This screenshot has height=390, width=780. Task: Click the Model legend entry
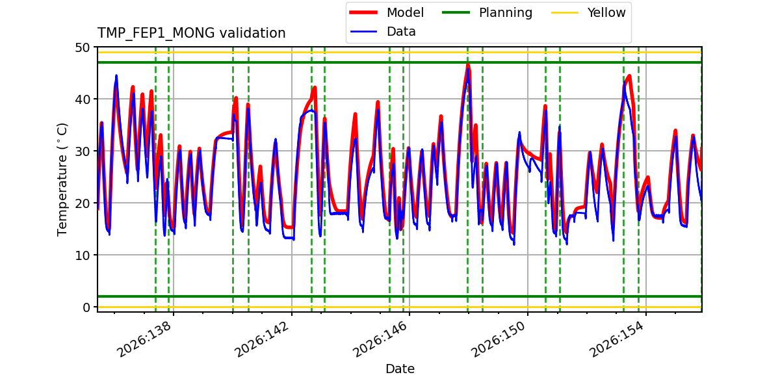tap(387, 12)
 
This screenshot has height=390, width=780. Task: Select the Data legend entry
tap(383, 32)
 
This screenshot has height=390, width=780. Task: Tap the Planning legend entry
tap(487, 12)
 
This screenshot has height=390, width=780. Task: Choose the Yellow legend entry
tap(588, 12)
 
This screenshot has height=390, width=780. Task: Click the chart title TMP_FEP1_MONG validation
tap(191, 33)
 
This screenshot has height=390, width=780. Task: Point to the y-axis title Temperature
tap(62, 179)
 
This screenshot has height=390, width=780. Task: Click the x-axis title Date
tap(400, 369)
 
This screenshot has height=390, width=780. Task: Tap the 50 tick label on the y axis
tap(82, 47)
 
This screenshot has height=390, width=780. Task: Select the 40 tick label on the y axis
tap(82, 99)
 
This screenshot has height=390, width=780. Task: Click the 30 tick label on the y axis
tap(82, 151)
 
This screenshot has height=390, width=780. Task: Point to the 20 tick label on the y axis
tap(82, 203)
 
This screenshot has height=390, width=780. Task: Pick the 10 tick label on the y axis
tap(82, 255)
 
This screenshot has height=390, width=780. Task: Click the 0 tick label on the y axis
tap(86, 307)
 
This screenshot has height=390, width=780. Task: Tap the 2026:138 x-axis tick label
tap(144, 339)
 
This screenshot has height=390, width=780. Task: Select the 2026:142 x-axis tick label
tap(262, 339)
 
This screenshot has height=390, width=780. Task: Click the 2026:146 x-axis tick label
tap(380, 339)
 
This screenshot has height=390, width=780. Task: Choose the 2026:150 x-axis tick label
tap(498, 339)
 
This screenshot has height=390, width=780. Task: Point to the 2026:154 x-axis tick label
tap(616, 339)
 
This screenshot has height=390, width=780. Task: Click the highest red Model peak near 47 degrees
tap(467, 64)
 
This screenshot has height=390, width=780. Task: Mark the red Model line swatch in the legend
tap(363, 12)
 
